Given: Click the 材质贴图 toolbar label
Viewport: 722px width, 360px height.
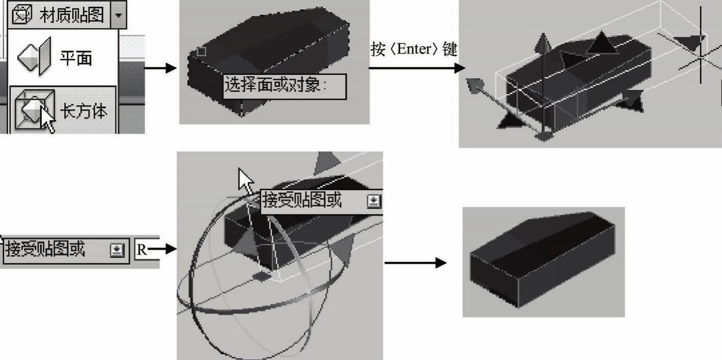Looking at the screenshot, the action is (71, 15).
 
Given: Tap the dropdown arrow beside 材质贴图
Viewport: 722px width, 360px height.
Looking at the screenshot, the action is (118, 15).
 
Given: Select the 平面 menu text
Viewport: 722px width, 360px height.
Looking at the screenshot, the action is (76, 58).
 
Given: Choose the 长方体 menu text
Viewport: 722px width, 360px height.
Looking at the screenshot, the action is (83, 111).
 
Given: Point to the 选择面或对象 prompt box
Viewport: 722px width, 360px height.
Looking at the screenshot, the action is (285, 86).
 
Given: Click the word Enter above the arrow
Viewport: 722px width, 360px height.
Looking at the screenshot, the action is (414, 50).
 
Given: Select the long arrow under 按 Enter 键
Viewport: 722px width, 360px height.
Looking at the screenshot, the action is (417, 68).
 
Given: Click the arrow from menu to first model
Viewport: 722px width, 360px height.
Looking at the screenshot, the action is (160, 68).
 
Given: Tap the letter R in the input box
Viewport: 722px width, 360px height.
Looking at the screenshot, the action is (141, 250).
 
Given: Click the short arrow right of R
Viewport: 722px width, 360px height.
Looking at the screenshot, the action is (162, 249).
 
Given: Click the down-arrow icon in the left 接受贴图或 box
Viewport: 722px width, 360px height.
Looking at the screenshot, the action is (117, 250).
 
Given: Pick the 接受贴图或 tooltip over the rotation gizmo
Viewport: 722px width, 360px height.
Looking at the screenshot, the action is (322, 202).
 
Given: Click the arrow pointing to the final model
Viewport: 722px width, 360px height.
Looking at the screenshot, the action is (416, 262).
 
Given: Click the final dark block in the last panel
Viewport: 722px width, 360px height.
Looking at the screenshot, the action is (542, 259).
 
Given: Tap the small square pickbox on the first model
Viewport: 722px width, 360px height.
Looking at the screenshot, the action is (201, 52).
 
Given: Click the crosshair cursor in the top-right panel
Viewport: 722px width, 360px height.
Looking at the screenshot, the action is (700, 57).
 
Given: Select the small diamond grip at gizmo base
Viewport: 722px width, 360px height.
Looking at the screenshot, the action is (261, 276).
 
